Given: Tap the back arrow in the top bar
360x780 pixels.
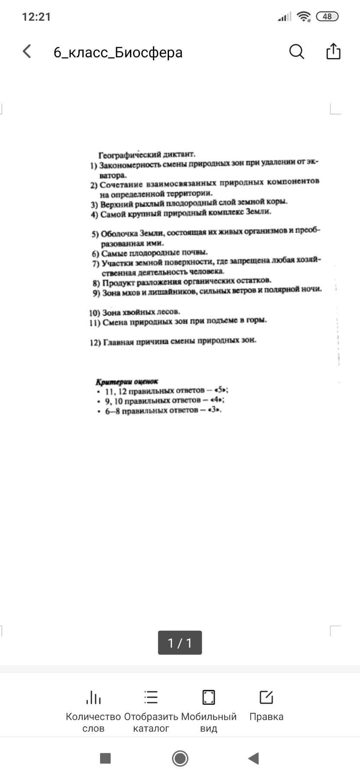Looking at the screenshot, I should coord(27,52).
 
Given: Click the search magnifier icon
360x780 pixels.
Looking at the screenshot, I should coord(297,52).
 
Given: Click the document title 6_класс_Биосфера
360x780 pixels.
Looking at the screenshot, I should coord(118,52).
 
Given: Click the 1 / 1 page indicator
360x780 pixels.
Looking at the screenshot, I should coord(180,643).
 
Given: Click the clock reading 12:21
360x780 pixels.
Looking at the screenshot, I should coord(36,17).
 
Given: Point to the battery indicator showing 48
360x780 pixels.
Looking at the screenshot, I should coord(327,16).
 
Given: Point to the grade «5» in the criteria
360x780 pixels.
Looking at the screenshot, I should coord(221,389).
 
